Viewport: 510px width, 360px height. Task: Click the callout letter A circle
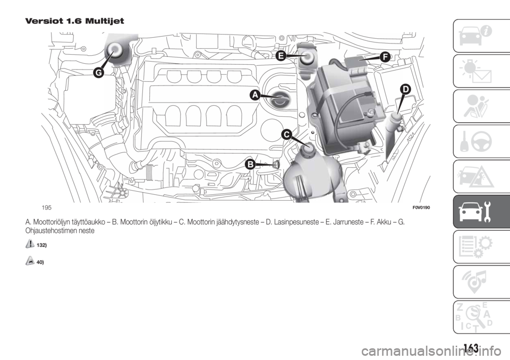coord(254,95)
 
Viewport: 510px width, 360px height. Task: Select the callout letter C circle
coord(286,135)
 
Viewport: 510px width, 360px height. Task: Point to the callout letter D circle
coord(406,90)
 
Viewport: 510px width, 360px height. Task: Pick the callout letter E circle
coord(280,55)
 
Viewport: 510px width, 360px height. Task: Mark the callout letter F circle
coord(385,56)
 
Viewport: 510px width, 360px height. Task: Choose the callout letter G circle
coord(98,73)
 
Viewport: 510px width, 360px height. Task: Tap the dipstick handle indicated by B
coord(277,166)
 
